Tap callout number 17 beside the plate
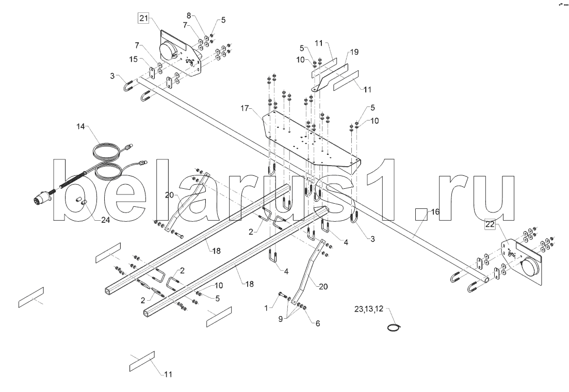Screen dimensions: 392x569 (244, 109)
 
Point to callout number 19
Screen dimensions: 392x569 (354, 52)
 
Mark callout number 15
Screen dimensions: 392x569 (133, 60)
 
